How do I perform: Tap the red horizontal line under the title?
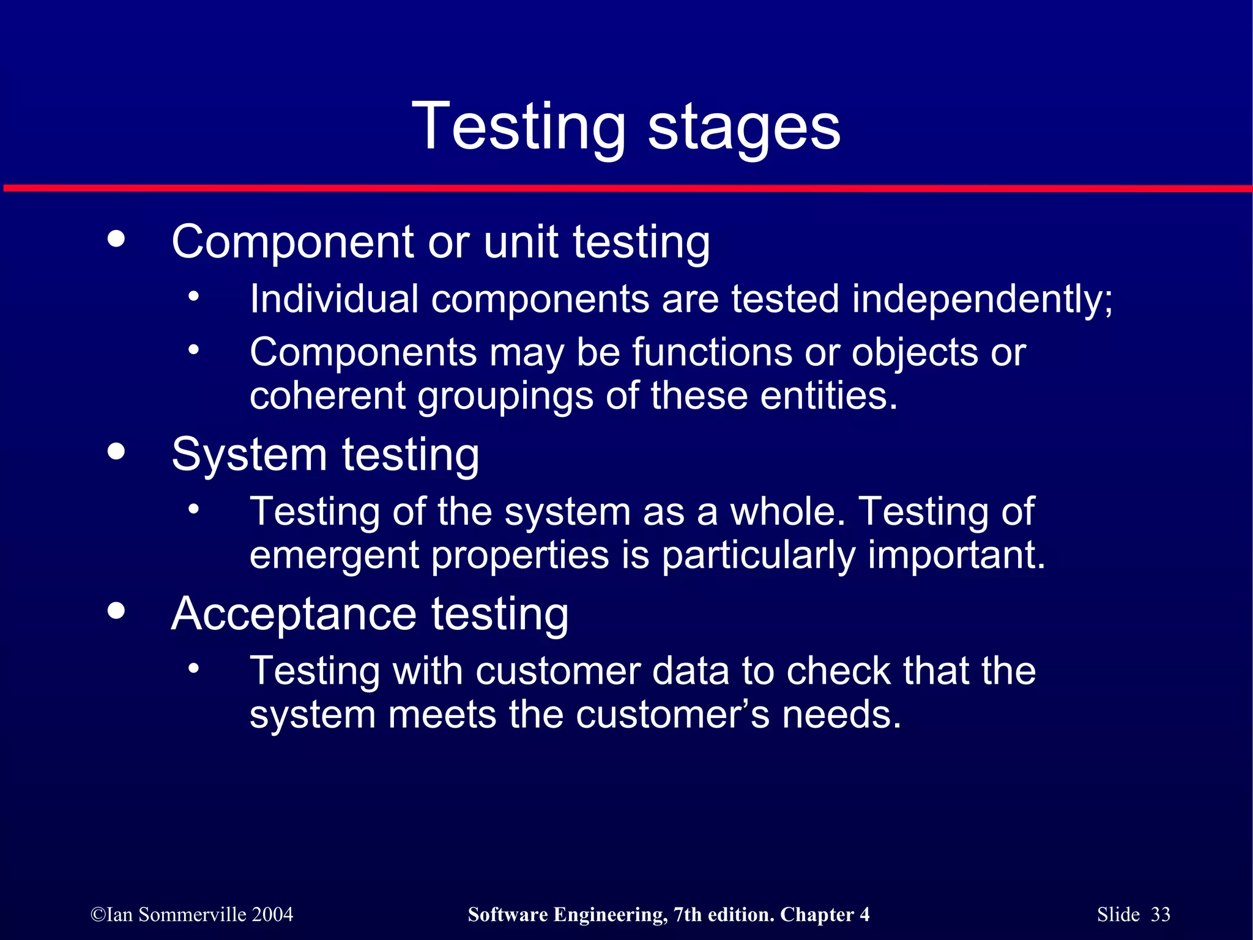click(x=626, y=188)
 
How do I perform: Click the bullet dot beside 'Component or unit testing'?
click(x=116, y=239)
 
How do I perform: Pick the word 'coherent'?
click(x=327, y=396)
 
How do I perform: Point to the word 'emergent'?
click(x=334, y=555)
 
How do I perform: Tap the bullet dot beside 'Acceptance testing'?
click(x=116, y=610)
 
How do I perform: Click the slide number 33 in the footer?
click(x=1160, y=914)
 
